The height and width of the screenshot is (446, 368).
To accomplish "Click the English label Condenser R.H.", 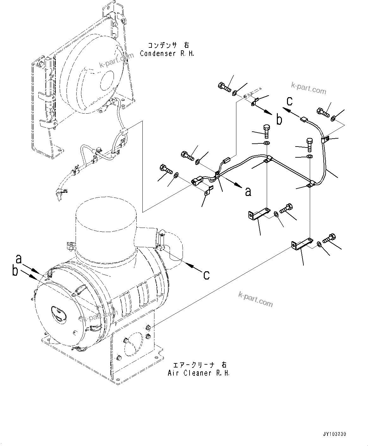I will (167, 53).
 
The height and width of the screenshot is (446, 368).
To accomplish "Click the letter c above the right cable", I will (290, 101).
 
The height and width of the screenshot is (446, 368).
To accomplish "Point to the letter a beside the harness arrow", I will (248, 191).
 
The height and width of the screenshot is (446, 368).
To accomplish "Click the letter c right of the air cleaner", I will (206, 275).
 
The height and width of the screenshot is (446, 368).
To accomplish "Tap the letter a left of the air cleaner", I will (19, 259).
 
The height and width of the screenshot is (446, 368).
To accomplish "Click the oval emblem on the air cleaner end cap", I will (57, 313).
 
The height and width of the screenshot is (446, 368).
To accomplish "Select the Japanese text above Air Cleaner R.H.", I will (199, 365).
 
